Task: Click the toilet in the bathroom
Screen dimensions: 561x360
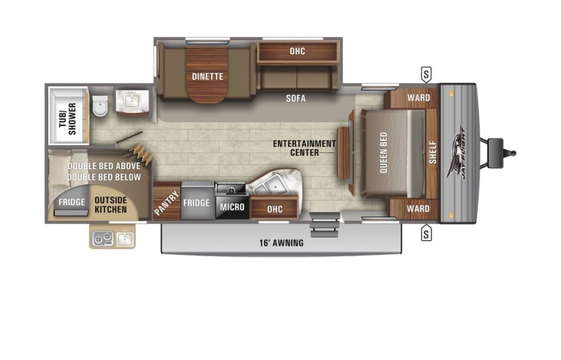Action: pos(101,106)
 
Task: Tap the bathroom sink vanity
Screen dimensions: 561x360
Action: pos(132,103)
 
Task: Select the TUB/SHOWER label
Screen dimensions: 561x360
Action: pos(68,119)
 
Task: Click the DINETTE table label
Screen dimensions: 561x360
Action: pos(207,76)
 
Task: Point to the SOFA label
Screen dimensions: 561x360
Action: pos(296,98)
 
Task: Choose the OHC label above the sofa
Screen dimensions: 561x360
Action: pos(297,51)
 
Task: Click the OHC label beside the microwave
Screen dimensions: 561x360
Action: pos(275,209)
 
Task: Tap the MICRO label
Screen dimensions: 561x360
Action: pos(233,206)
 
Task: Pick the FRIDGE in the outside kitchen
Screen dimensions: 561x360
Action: pos(72,202)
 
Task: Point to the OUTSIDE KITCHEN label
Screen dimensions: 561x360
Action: pos(111,205)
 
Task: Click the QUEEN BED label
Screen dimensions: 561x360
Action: pos(384,153)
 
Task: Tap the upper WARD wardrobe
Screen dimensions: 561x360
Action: pos(414,97)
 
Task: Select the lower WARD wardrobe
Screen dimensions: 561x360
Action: pos(414,208)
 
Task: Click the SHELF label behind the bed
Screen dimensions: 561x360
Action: pos(433,153)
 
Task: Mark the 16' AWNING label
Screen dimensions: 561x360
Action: pos(282,243)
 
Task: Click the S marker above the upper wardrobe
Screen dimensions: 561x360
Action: pos(426,74)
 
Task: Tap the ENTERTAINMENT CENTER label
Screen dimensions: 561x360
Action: pos(305,148)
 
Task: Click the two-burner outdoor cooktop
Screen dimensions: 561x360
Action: pos(103,239)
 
